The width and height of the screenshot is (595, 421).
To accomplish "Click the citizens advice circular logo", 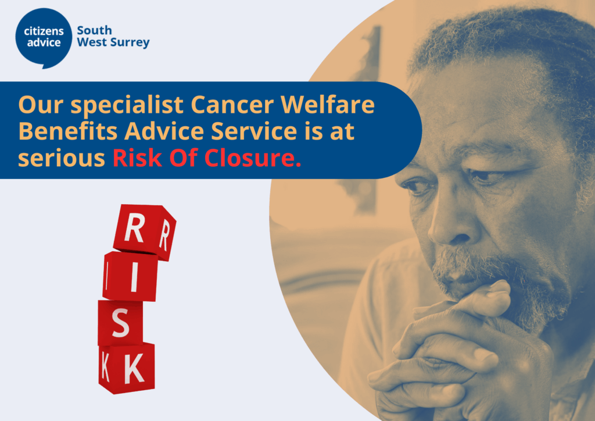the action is click(x=44, y=38).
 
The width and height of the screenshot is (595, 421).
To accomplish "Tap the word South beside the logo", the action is click(x=95, y=30).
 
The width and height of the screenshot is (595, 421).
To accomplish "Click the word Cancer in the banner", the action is click(x=232, y=105).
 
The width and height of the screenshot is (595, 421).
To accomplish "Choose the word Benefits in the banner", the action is click(x=68, y=131).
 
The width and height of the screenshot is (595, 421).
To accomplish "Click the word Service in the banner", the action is click(x=254, y=131).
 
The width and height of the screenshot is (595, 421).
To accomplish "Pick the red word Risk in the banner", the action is click(x=137, y=158).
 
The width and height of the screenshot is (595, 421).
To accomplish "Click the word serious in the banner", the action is click(x=62, y=159).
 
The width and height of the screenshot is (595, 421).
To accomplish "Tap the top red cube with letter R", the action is click(x=145, y=233).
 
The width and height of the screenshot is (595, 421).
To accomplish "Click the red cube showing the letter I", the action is click(x=130, y=276).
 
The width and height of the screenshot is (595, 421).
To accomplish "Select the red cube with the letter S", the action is click(x=121, y=323).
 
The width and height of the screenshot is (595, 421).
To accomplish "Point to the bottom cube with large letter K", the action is click(x=127, y=368).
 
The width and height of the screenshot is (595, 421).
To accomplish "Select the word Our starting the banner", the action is click(x=41, y=105).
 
